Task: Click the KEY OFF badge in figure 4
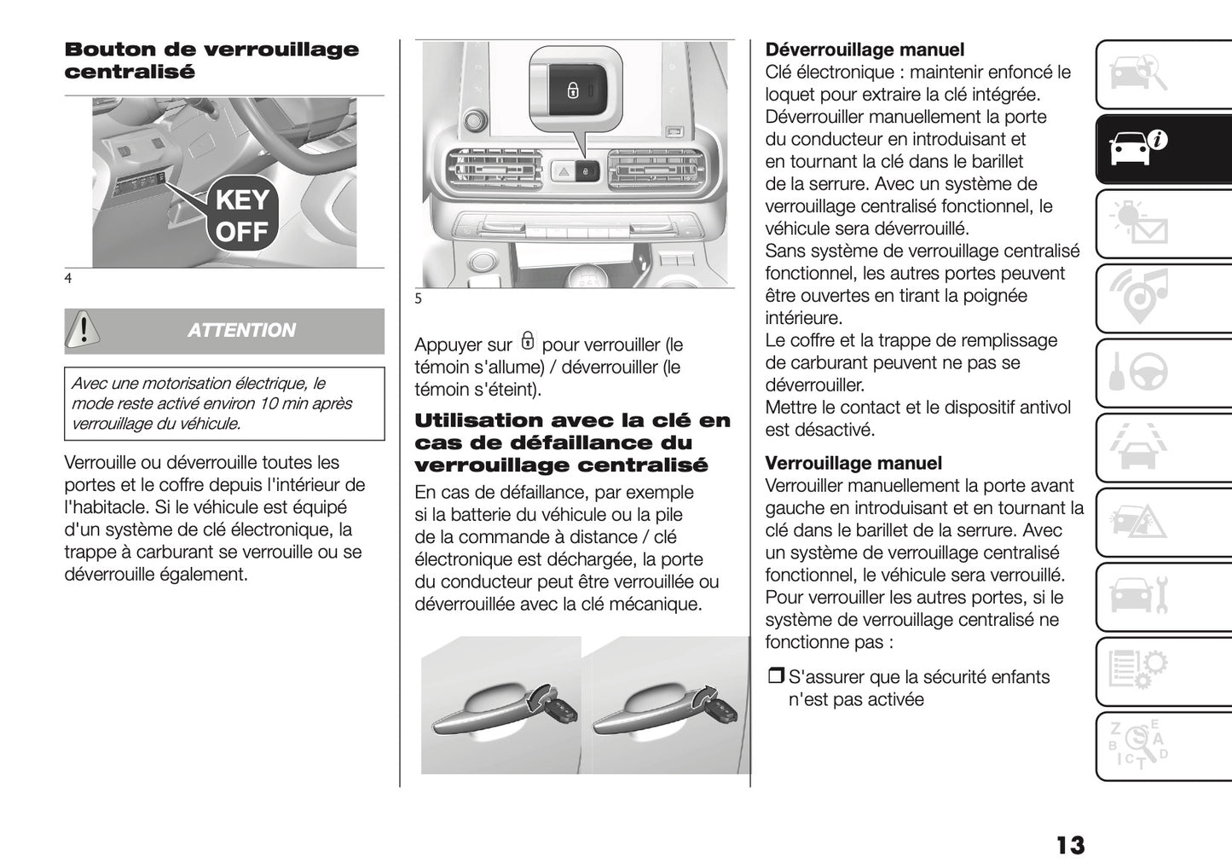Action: click(242, 216)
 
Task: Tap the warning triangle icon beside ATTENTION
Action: click(84, 331)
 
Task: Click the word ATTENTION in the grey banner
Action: click(241, 331)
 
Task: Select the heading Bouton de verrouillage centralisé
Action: click(211, 61)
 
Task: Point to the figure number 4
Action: click(68, 278)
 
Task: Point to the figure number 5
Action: click(419, 298)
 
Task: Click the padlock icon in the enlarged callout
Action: click(573, 90)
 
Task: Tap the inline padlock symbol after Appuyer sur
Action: click(527, 343)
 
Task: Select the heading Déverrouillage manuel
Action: click(865, 50)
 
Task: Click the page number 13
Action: click(1070, 845)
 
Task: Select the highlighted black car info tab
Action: click(1138, 149)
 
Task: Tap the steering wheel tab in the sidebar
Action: click(1138, 373)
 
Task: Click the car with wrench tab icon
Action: click(1138, 596)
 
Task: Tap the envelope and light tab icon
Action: click(1138, 224)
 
